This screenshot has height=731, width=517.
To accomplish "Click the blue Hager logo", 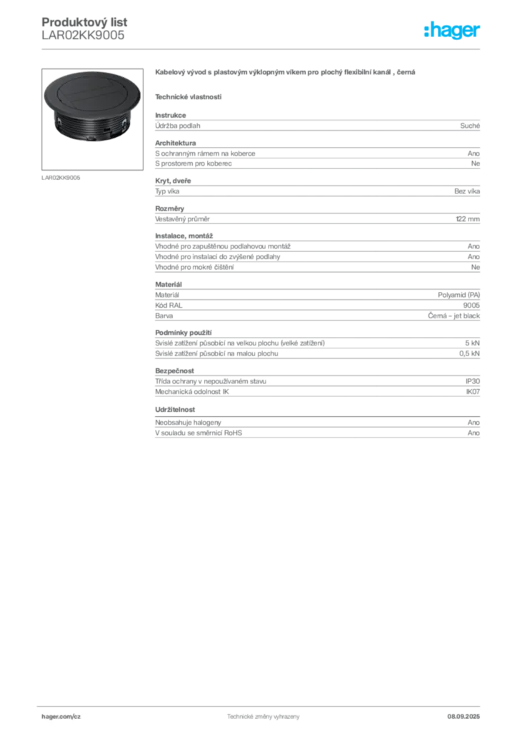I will pos(453,31).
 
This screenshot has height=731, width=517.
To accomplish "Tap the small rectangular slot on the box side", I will pos(106,130).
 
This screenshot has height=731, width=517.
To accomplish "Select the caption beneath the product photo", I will pos(62,176).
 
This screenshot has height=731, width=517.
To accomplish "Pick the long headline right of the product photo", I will pos(285,74).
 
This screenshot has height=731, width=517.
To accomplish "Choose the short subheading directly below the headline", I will pos(189,96).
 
